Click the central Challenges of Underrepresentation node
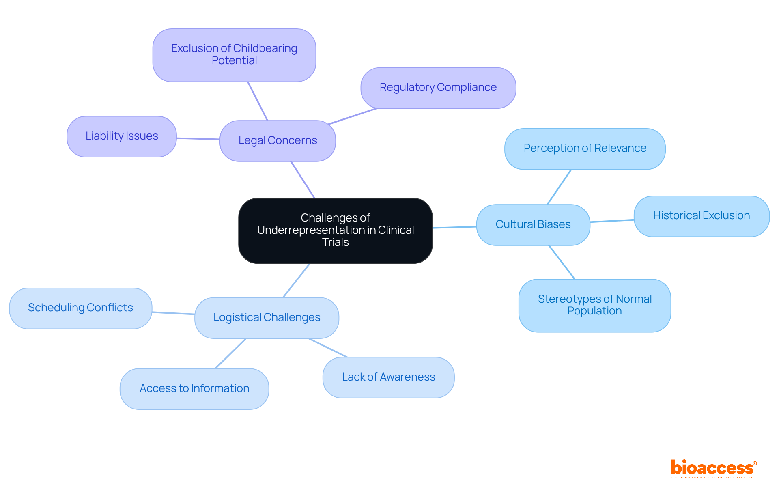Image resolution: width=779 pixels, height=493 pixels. click(x=335, y=230)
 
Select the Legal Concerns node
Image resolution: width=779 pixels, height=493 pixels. click(x=278, y=140)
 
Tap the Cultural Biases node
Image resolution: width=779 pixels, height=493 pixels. click(x=533, y=224)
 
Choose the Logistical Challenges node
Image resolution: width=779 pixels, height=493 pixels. click(x=267, y=317)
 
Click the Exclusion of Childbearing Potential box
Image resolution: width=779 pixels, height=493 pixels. click(x=234, y=54)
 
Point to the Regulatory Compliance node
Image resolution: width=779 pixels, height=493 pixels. click(x=438, y=88)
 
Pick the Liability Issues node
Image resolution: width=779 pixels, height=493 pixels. click(x=121, y=136)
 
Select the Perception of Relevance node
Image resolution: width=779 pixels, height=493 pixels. click(x=585, y=149)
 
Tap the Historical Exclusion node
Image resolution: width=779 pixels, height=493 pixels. click(x=701, y=216)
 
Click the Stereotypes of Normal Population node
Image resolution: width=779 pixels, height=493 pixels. click(x=594, y=305)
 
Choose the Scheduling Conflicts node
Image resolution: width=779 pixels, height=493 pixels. click(x=80, y=308)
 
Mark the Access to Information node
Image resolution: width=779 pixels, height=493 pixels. click(x=194, y=388)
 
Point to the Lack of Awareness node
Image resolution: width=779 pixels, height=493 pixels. click(x=388, y=377)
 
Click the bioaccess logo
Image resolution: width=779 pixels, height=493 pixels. click(x=713, y=468)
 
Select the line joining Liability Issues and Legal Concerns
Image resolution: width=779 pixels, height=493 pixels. click(x=198, y=139)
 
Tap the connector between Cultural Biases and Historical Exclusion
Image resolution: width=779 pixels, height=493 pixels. click(x=612, y=221)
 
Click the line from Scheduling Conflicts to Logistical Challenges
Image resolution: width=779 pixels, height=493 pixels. click(x=173, y=313)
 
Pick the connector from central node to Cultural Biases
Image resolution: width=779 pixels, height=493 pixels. click(x=454, y=227)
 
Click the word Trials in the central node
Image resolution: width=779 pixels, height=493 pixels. click(x=335, y=242)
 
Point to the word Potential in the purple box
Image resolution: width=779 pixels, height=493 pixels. click(x=234, y=61)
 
